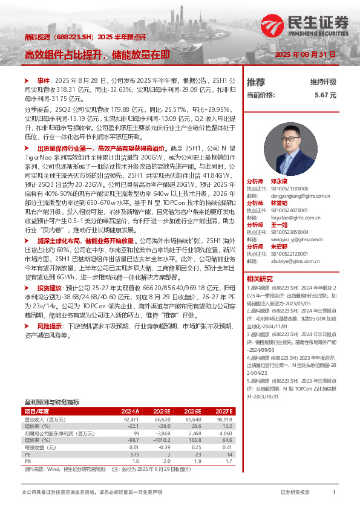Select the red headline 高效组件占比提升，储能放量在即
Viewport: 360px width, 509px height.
click(x=97, y=55)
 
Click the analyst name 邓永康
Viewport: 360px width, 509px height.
click(x=279, y=181)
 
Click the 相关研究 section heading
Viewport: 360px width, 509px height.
click(x=260, y=279)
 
